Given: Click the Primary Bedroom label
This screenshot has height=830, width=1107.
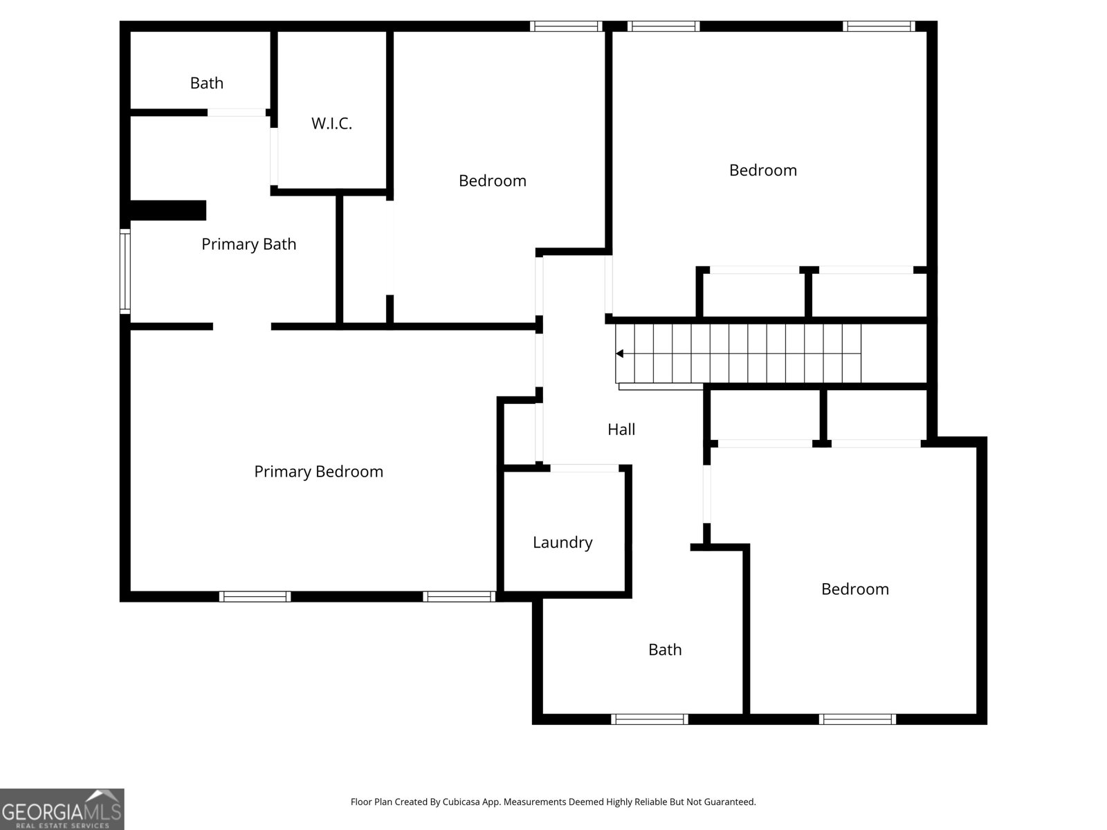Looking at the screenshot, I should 318,472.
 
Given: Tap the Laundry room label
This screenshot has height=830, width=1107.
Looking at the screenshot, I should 562,542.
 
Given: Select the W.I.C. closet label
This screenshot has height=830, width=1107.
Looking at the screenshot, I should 331,124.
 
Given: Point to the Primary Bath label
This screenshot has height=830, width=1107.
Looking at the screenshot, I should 248,244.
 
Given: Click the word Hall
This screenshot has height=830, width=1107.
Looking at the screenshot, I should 621,430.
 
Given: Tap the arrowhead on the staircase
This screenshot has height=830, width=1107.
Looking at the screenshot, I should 620,353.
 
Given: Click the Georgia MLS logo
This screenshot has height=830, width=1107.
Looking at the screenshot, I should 62,809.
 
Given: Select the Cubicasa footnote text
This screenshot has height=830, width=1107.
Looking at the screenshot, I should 553,802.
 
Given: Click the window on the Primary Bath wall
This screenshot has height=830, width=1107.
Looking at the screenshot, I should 125,271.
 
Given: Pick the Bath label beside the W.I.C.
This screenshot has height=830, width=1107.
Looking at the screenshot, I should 206,83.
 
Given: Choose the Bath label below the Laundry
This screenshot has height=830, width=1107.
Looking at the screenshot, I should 664,650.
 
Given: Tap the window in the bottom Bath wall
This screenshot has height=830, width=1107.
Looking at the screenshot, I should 649,719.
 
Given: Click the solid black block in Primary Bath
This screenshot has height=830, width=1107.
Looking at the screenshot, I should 168,210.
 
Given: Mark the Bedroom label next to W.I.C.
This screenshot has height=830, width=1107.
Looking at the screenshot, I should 492,181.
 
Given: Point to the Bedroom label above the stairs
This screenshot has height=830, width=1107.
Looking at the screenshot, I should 762,170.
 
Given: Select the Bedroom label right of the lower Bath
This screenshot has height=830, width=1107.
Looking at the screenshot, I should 854,589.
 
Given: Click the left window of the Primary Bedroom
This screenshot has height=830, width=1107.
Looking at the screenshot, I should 255,596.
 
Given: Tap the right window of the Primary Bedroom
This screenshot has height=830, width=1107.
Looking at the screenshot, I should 459,596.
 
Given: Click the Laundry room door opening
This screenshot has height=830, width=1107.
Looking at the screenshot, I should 584,468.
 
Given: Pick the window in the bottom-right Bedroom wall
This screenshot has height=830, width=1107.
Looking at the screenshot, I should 857,719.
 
